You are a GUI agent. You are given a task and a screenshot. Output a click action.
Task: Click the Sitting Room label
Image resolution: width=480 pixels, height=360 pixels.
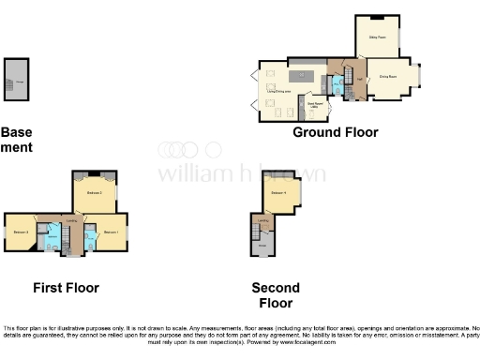(377, 37)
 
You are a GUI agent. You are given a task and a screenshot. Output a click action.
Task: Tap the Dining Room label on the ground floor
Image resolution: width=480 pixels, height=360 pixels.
(387, 76)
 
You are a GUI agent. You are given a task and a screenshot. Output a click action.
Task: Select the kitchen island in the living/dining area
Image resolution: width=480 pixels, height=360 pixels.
(302, 74)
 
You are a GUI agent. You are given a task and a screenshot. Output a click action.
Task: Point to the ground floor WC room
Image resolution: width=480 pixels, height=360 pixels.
(337, 86)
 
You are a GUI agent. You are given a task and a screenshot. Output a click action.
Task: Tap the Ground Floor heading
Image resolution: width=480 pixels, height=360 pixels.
(336, 132)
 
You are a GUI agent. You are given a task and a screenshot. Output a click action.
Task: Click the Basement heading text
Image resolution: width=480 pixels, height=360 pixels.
(17, 140)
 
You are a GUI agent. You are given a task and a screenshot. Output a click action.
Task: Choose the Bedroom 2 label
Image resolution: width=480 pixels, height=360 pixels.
(94, 192)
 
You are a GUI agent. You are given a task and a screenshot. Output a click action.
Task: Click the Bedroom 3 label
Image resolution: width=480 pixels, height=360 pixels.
(21, 232)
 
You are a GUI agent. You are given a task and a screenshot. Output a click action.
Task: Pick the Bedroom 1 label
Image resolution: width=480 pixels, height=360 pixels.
(110, 232)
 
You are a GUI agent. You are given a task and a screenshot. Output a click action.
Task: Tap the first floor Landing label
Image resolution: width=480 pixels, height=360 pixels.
(71, 219)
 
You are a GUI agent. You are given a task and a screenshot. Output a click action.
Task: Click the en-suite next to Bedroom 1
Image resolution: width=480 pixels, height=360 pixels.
(89, 240)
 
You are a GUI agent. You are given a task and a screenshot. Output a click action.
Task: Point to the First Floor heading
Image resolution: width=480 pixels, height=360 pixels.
(66, 288)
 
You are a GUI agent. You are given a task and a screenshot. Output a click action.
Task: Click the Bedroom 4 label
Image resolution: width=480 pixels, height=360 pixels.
(277, 193)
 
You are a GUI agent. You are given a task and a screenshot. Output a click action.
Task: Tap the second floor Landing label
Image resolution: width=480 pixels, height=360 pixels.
(263, 220)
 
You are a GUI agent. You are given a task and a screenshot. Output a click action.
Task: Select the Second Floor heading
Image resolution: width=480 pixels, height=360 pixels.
(276, 295)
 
